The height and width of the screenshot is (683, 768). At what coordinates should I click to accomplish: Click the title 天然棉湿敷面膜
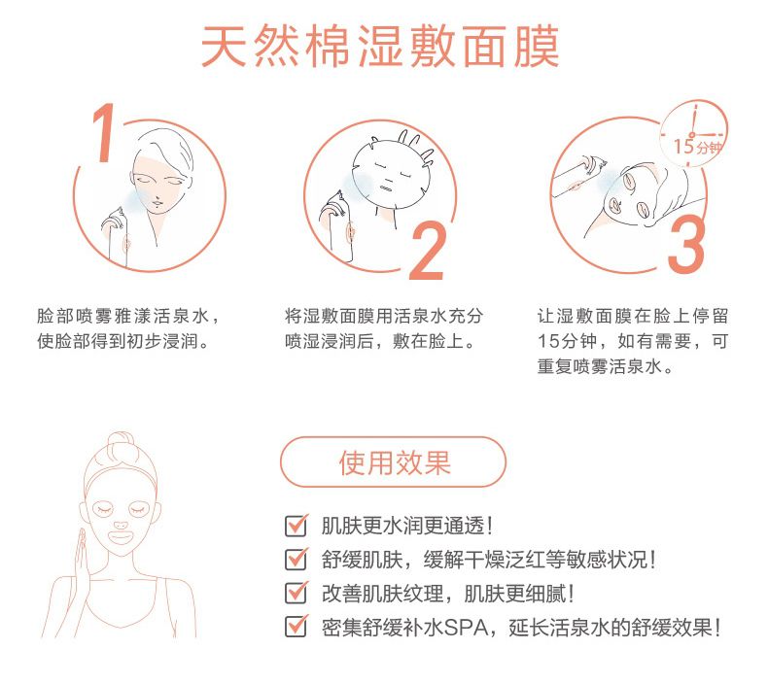[380, 46]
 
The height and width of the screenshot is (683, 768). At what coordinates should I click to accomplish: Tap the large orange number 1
[105, 133]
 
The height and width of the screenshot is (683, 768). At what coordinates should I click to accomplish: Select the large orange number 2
[428, 252]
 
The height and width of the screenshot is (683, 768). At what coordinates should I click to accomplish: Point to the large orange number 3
[685, 244]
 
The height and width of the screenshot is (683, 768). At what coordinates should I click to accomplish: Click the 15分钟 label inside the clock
[697, 147]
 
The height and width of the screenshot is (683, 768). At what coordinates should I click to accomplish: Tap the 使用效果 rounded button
[393, 461]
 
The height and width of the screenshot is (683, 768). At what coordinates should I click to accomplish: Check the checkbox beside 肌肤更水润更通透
[297, 526]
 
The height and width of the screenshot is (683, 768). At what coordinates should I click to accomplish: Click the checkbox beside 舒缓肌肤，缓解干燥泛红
[297, 560]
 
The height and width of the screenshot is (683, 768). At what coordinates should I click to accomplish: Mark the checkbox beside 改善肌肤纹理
[297, 593]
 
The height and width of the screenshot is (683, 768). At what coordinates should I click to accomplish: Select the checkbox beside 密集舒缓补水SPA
[297, 627]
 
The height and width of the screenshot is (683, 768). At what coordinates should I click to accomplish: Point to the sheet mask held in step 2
[392, 173]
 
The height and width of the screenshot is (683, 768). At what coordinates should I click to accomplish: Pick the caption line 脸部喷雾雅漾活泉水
[128, 317]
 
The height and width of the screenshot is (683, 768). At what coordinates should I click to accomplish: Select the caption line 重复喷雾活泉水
[606, 366]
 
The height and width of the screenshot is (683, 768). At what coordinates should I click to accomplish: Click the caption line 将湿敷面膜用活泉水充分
[384, 317]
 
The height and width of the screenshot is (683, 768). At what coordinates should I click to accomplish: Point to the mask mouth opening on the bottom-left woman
[121, 538]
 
